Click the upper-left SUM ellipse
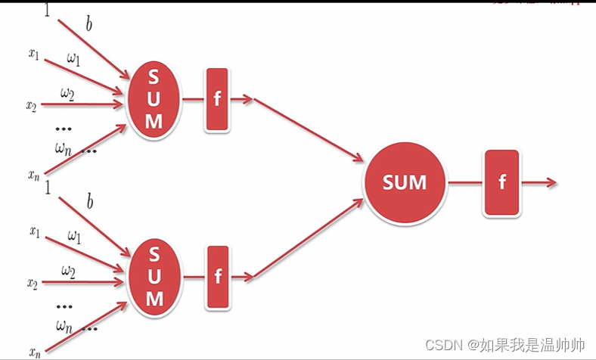pyautogui.click(x=154, y=100)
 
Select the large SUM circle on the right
pyautogui.click(x=405, y=182)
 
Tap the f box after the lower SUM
pyautogui.click(x=218, y=277)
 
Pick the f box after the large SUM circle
pyautogui.click(x=502, y=183)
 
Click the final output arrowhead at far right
pyautogui.click(x=551, y=182)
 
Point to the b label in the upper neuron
pyautogui.click(x=89, y=24)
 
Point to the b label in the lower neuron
pyautogui.click(x=89, y=202)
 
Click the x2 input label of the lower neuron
pyautogui.click(x=33, y=284)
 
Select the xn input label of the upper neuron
pyautogui.click(x=34, y=175)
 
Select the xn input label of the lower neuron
pyautogui.click(x=34, y=352)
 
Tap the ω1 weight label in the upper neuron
pyautogui.click(x=73, y=58)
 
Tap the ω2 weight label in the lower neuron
pyautogui.click(x=68, y=270)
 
